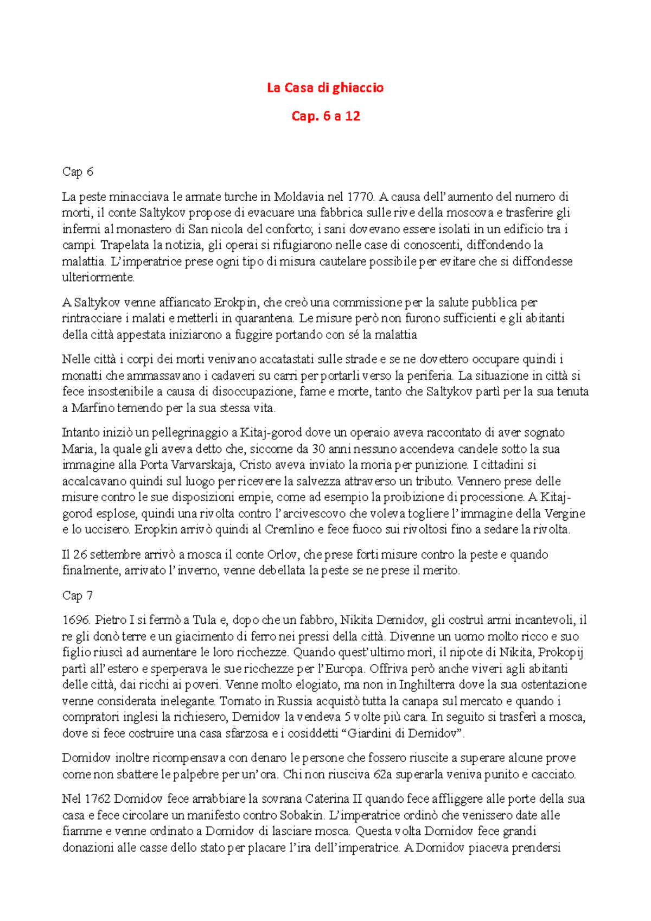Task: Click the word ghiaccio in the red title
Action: (358, 88)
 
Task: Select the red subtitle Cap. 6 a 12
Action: (325, 116)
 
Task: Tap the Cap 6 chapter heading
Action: (78, 172)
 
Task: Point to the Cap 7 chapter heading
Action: (78, 596)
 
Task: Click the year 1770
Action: (360, 196)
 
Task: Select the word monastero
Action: (146, 229)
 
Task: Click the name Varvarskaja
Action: (202, 465)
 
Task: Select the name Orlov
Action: (282, 554)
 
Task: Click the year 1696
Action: (75, 620)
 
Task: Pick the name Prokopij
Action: (561, 653)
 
